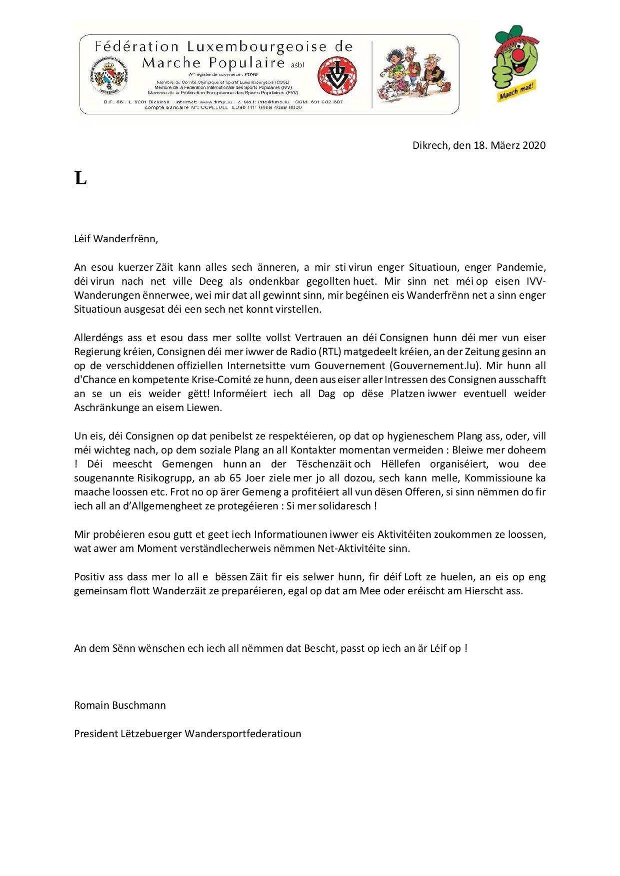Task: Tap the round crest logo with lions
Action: click(x=109, y=75)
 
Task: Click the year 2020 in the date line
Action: click(x=533, y=145)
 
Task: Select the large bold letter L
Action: click(x=80, y=178)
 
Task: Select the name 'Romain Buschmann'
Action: click(x=120, y=705)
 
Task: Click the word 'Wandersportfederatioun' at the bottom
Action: click(x=243, y=734)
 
